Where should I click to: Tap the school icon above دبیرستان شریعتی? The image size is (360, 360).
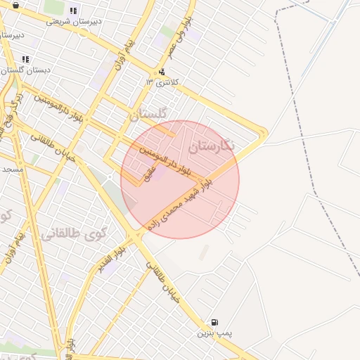tap(74, 11)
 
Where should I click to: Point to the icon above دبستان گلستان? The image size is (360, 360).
tap(26, 59)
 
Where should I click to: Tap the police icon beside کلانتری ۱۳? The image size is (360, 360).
tap(162, 71)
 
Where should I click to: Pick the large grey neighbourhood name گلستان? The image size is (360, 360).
tap(149, 113)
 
